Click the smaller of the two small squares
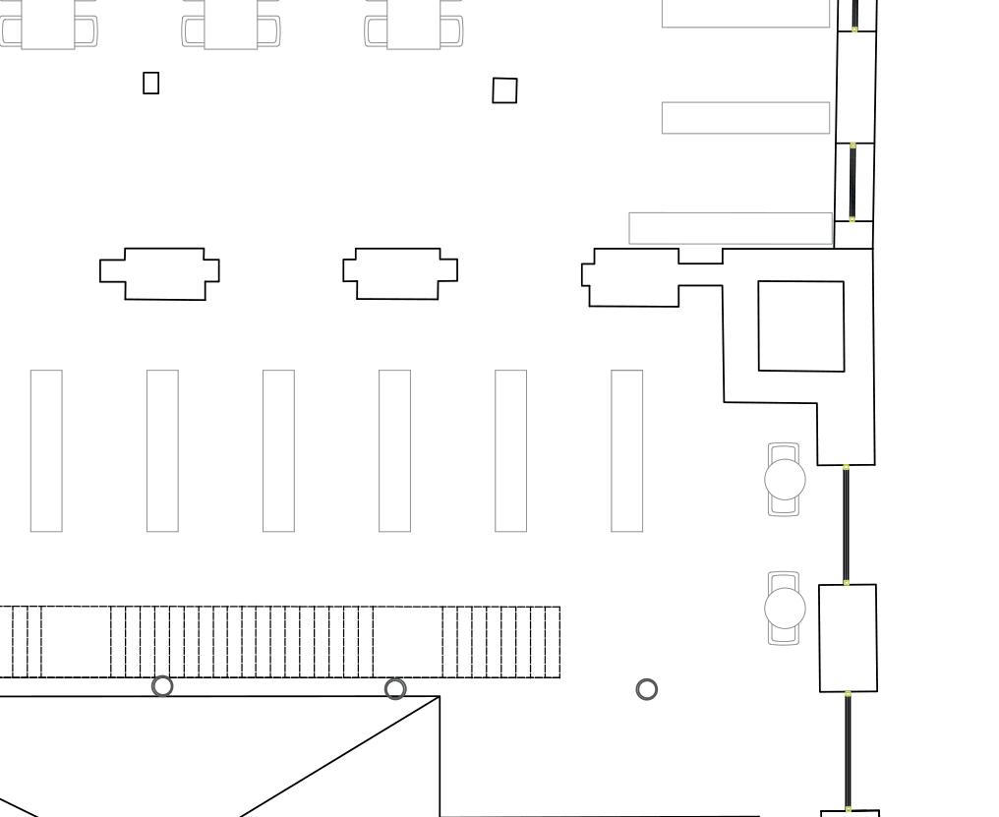pyautogui.click(x=151, y=84)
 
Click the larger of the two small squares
pyautogui.click(x=504, y=90)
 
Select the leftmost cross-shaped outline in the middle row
pyautogui.click(x=160, y=273)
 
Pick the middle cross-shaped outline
pyautogui.click(x=399, y=273)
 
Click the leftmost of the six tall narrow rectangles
pyautogui.click(x=46, y=450)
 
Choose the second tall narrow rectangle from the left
pyautogui.click(x=162, y=450)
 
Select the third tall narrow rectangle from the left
pyautogui.click(x=278, y=450)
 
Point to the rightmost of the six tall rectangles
pyautogui.click(x=627, y=450)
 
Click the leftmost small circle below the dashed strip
pyautogui.click(x=163, y=686)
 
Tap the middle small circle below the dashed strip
pyautogui.click(x=394, y=688)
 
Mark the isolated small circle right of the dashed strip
pyautogui.click(x=646, y=689)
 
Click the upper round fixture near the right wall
pyautogui.click(x=785, y=480)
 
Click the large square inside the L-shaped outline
pyautogui.click(x=800, y=326)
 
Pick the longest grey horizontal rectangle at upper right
pyautogui.click(x=731, y=228)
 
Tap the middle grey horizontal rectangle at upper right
pyautogui.click(x=745, y=118)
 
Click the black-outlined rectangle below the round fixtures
pyautogui.click(x=848, y=637)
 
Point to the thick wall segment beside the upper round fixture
pyautogui.click(x=847, y=525)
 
